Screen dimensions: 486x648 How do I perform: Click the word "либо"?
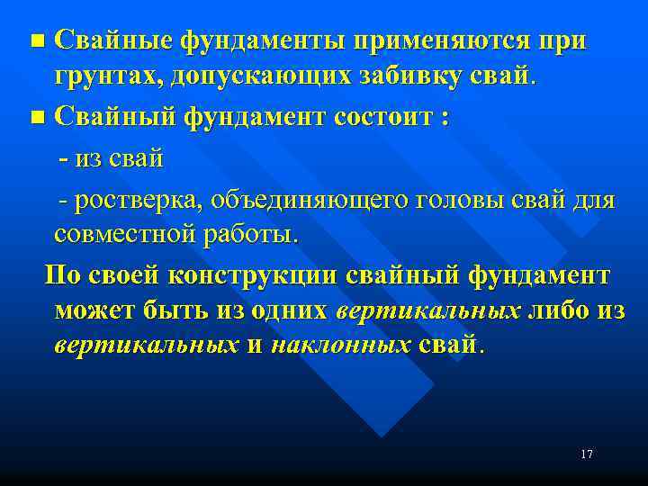pos(560,310)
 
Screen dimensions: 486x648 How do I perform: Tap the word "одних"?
pos(289,310)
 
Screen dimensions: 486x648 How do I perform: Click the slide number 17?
pos(587,454)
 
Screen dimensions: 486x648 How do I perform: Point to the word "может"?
pos(94,310)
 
